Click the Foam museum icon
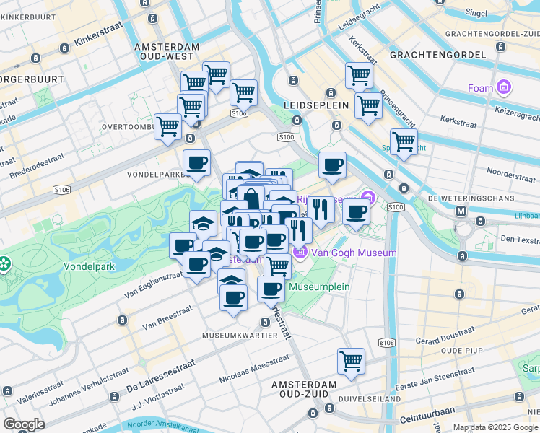[x=503, y=89]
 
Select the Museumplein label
[x=319, y=287]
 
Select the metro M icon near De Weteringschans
[x=461, y=211]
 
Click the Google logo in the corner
[x=24, y=424]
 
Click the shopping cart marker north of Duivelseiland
[x=351, y=360]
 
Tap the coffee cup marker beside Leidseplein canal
[x=332, y=165]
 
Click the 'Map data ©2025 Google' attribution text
[x=495, y=427]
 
